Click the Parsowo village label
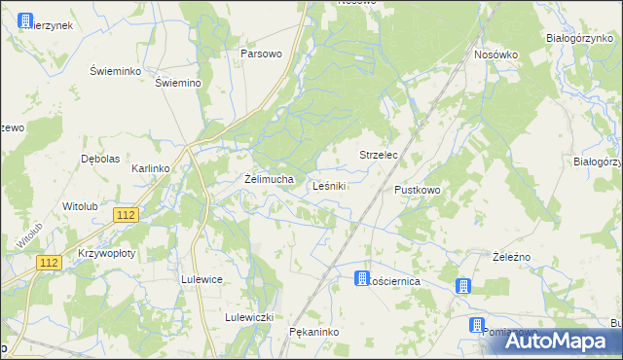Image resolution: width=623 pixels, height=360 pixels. [261, 54]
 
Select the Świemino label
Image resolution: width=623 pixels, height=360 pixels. [178, 83]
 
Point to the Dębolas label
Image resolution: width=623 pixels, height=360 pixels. [99, 159]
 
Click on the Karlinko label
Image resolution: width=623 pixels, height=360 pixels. [151, 168]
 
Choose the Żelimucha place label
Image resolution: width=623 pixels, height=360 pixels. [269, 179]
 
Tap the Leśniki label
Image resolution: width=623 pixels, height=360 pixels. [330, 185]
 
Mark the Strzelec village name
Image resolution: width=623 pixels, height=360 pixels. [380, 156]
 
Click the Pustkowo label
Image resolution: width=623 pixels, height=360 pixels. [418, 190]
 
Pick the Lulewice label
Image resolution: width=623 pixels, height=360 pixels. [202, 279]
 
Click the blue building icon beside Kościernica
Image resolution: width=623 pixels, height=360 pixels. [362, 278]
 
